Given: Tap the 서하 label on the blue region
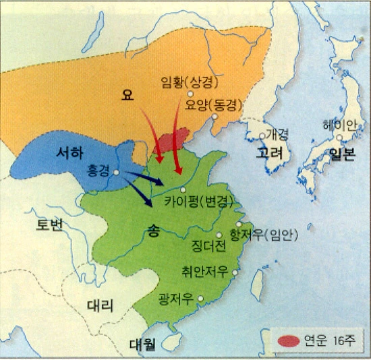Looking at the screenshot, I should click(69, 153).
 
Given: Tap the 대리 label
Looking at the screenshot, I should click(101, 304).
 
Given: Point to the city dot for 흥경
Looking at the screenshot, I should click(117, 172).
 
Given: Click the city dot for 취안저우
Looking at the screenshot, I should click(235, 273).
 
